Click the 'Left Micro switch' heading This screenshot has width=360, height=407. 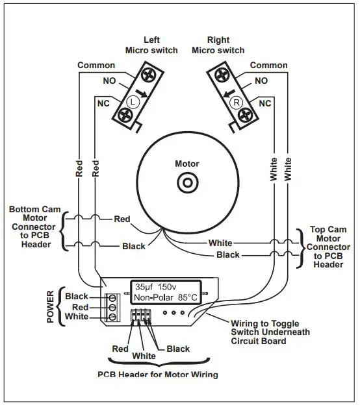point(152,45)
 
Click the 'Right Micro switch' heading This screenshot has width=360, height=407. point(218,45)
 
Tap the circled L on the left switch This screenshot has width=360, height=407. point(133,102)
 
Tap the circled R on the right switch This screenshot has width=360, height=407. point(237,102)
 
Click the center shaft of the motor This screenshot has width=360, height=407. point(187,184)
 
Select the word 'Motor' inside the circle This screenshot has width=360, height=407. point(187,164)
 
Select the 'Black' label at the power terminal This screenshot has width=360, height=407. point(77,297)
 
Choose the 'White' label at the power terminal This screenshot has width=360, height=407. point(77,317)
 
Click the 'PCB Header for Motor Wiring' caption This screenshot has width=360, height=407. point(157,375)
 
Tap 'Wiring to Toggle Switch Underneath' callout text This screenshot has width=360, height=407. point(270,332)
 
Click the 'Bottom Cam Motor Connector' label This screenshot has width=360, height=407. point(36,227)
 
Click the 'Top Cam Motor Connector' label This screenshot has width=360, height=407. point(328,247)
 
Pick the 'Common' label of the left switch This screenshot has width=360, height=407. point(96,66)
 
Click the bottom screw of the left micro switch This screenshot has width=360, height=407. point(125,116)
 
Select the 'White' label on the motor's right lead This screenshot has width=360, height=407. point(220,243)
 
